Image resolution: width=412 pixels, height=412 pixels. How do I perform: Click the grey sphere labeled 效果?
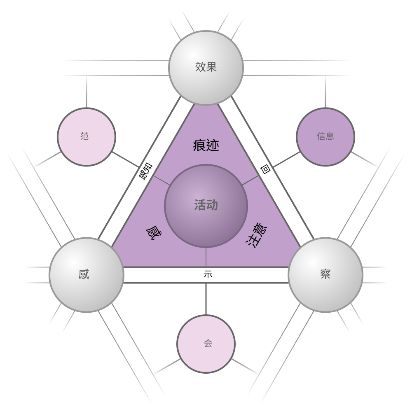click(x=206, y=68)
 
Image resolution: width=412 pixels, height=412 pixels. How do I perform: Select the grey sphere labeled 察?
click(x=325, y=275)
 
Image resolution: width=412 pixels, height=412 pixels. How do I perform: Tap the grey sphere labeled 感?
click(x=87, y=275)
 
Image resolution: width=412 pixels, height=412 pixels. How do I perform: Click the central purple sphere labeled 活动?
click(x=206, y=206)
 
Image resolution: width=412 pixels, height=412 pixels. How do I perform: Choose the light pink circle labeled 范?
click(x=87, y=137)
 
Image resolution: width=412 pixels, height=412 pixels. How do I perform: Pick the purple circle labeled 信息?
click(x=325, y=137)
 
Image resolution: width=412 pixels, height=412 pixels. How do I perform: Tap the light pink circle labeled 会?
click(x=206, y=344)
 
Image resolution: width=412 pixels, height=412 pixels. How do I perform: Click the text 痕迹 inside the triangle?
click(x=206, y=145)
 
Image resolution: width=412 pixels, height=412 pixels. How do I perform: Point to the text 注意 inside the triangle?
click(x=256, y=235)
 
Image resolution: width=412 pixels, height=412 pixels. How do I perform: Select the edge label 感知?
click(x=145, y=171)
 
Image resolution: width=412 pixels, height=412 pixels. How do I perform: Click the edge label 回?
click(x=265, y=169)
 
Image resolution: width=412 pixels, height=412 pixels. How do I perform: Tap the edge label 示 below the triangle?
click(x=208, y=274)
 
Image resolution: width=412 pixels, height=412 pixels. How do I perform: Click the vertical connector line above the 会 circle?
click(x=206, y=299)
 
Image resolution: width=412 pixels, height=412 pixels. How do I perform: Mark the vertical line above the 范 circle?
click(x=87, y=92)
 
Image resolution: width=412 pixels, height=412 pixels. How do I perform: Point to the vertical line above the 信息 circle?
click(x=325, y=92)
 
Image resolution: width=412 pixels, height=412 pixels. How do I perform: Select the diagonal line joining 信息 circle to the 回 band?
click(x=286, y=159)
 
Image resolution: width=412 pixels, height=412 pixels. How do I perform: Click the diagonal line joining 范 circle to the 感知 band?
click(x=126, y=159)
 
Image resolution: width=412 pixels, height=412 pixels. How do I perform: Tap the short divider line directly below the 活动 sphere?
click(x=206, y=257)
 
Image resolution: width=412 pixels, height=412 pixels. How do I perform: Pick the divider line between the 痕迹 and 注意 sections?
click(x=250, y=180)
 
